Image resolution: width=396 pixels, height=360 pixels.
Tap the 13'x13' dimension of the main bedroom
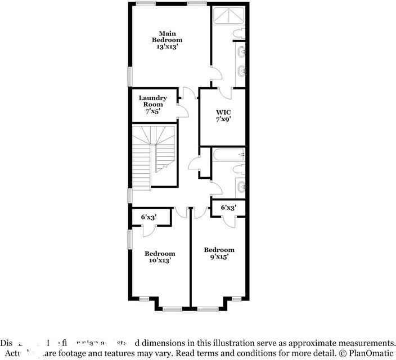[x=167, y=47]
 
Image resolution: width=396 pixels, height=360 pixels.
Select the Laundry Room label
[x=152, y=101]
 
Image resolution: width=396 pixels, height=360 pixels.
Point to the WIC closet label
[x=223, y=112]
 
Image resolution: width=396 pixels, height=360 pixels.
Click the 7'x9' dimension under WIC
[x=223, y=119]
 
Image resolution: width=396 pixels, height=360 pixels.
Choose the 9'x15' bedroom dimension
[x=219, y=256]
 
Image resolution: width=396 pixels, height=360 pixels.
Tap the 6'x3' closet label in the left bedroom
[x=148, y=217]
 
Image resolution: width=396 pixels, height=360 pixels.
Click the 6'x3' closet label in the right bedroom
[x=228, y=208]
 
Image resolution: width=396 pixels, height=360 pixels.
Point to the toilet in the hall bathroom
[x=239, y=169]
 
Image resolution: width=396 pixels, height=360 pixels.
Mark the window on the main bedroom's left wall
[x=129, y=76]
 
